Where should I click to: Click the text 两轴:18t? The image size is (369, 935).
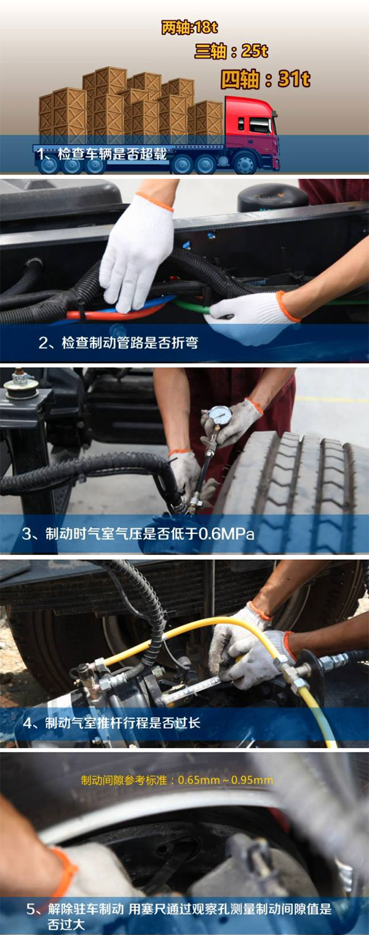click(189, 28)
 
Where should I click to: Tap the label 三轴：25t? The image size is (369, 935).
click(231, 52)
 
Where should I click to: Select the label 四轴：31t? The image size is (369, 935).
click(265, 79)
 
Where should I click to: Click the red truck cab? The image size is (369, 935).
click(252, 130)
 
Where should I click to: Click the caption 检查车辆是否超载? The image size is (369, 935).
click(112, 154)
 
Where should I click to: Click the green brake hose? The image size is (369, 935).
click(191, 307)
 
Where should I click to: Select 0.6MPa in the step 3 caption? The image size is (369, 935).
click(226, 533)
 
